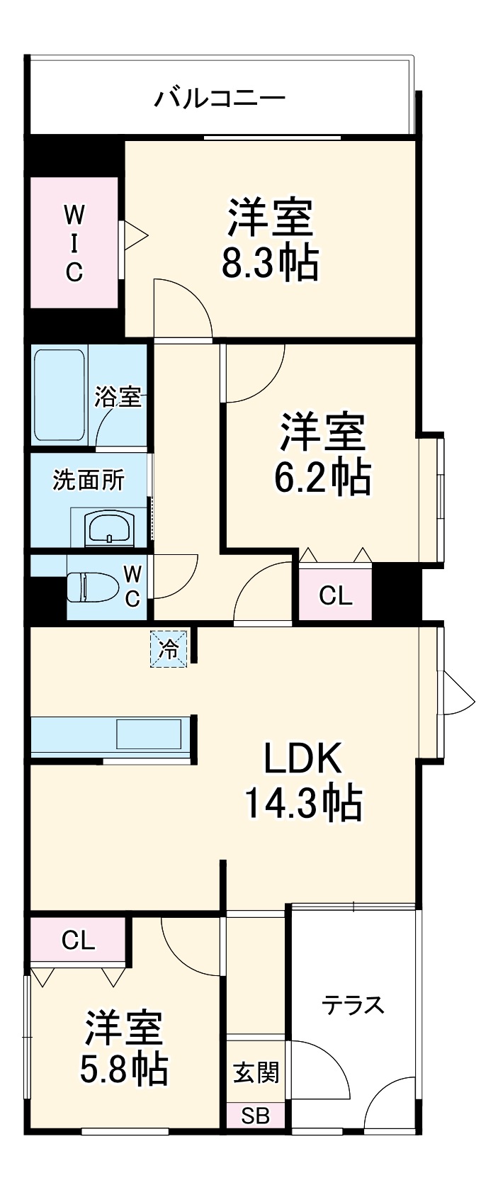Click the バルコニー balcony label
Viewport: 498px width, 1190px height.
(220, 96)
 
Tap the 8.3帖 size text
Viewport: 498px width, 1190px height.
(270, 264)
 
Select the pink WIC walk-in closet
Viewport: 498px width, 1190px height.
(74, 242)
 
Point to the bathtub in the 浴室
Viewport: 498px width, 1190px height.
(60, 395)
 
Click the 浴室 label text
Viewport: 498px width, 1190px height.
(118, 397)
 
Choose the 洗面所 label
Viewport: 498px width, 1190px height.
(89, 481)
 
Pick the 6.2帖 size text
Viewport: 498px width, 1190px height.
(322, 478)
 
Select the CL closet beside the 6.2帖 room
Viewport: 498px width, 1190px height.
(335, 596)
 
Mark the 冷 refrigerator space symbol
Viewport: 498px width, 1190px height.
(169, 649)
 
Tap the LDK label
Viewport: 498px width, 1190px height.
(303, 759)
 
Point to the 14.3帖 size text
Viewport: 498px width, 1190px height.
(303, 803)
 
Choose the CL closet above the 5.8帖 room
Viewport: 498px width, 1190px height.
(78, 940)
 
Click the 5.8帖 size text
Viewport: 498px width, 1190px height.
(124, 1070)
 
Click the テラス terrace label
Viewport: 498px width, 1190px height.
(353, 1004)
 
